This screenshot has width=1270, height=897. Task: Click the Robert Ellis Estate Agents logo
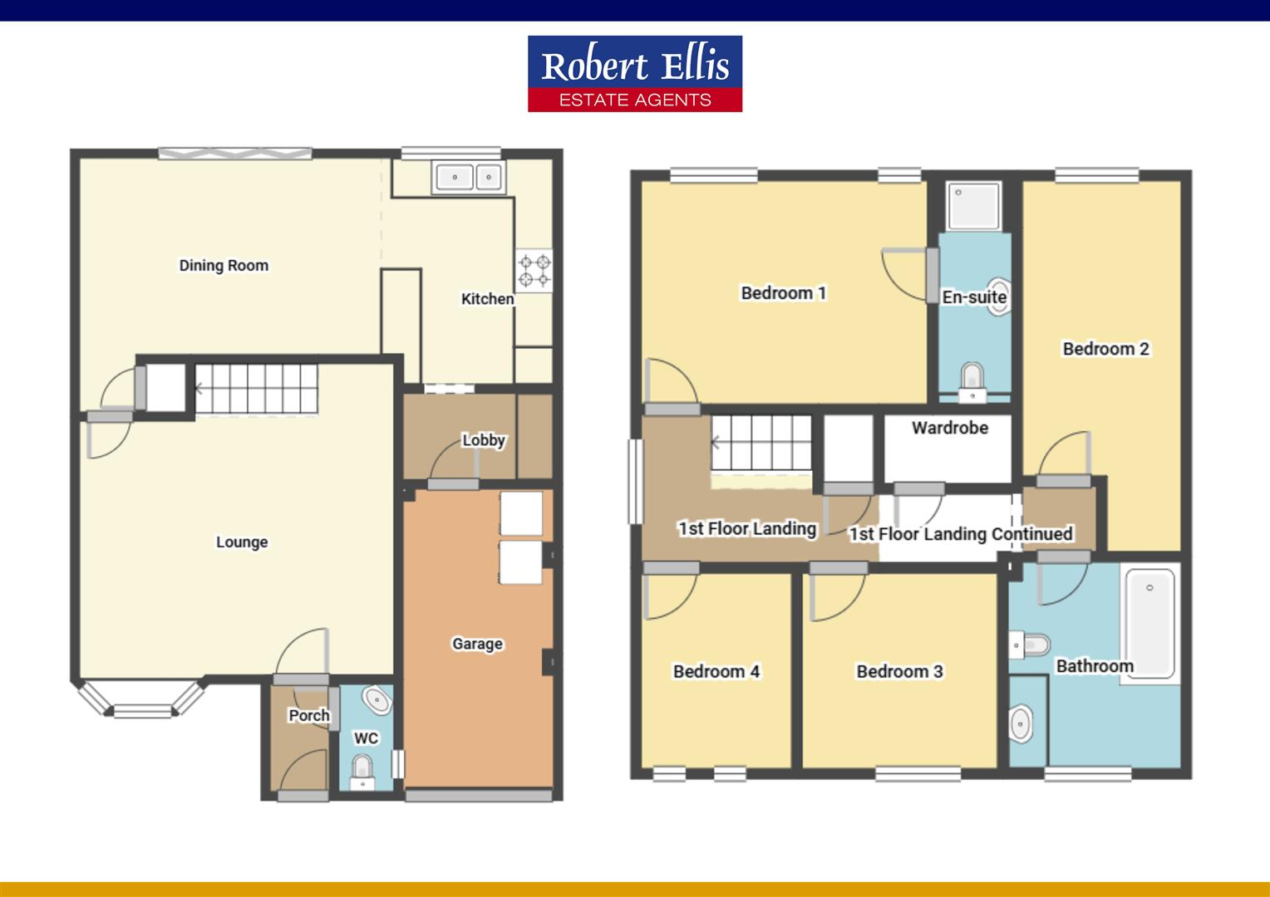coord(634,74)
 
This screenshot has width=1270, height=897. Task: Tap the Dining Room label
coord(224,266)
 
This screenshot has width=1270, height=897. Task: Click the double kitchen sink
coord(468,177)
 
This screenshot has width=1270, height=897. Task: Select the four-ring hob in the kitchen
coord(534,270)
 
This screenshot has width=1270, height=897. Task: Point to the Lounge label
coord(242,542)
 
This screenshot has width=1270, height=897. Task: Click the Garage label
coord(477,644)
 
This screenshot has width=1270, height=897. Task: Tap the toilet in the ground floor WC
coord(362,771)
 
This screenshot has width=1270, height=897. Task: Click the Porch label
coord(308,715)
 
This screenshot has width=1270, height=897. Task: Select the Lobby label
coord(483,440)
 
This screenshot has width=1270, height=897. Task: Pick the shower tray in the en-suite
coord(975,206)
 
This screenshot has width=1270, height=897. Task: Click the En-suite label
coord(974,297)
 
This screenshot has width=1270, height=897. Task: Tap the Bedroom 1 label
coord(783,293)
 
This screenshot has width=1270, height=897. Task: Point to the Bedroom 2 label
coord(1105,349)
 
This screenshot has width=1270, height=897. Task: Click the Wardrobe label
coord(949,428)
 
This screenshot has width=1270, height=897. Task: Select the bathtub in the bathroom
coord(1149,623)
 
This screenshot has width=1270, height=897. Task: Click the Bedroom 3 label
coord(899,671)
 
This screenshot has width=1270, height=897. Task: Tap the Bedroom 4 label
coord(716,671)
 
